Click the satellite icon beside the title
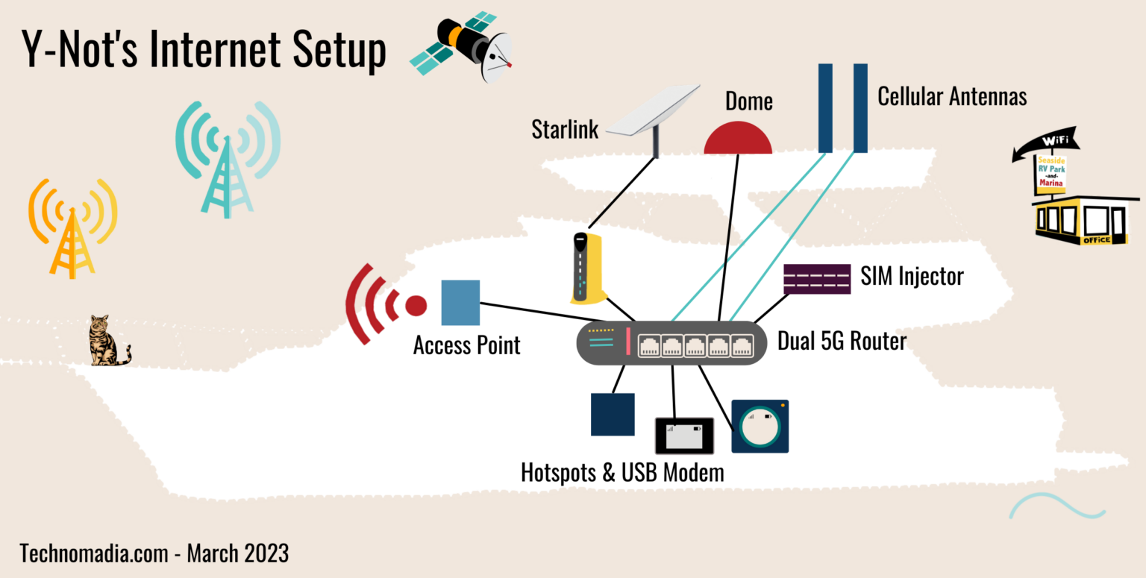461,46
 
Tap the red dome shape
737,139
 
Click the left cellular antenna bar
825,108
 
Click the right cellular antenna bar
860,108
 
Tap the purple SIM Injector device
816,279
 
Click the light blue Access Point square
460,303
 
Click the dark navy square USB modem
613,414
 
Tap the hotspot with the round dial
760,426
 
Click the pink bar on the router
628,342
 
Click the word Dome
748,101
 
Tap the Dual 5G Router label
842,342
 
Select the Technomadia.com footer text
154,553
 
